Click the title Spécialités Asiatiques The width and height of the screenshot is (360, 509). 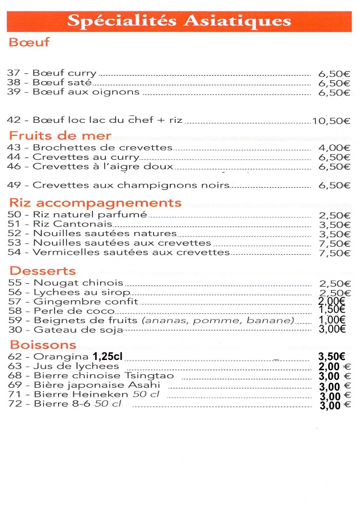coord(179,21)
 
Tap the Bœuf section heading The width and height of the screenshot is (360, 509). coord(29,42)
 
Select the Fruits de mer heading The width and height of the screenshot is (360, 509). coord(60,136)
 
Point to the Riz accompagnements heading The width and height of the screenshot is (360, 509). coord(95,203)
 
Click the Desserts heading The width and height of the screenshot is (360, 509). coord(42,271)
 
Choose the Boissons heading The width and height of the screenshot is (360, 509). coord(43,345)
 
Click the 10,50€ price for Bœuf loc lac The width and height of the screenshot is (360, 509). coord(330,121)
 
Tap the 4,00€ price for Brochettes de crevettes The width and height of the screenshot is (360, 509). coord(334,148)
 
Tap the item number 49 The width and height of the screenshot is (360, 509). coord(14,185)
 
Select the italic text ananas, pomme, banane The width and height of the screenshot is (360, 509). coord(218,320)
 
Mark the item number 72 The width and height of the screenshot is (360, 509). coord(15,404)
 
